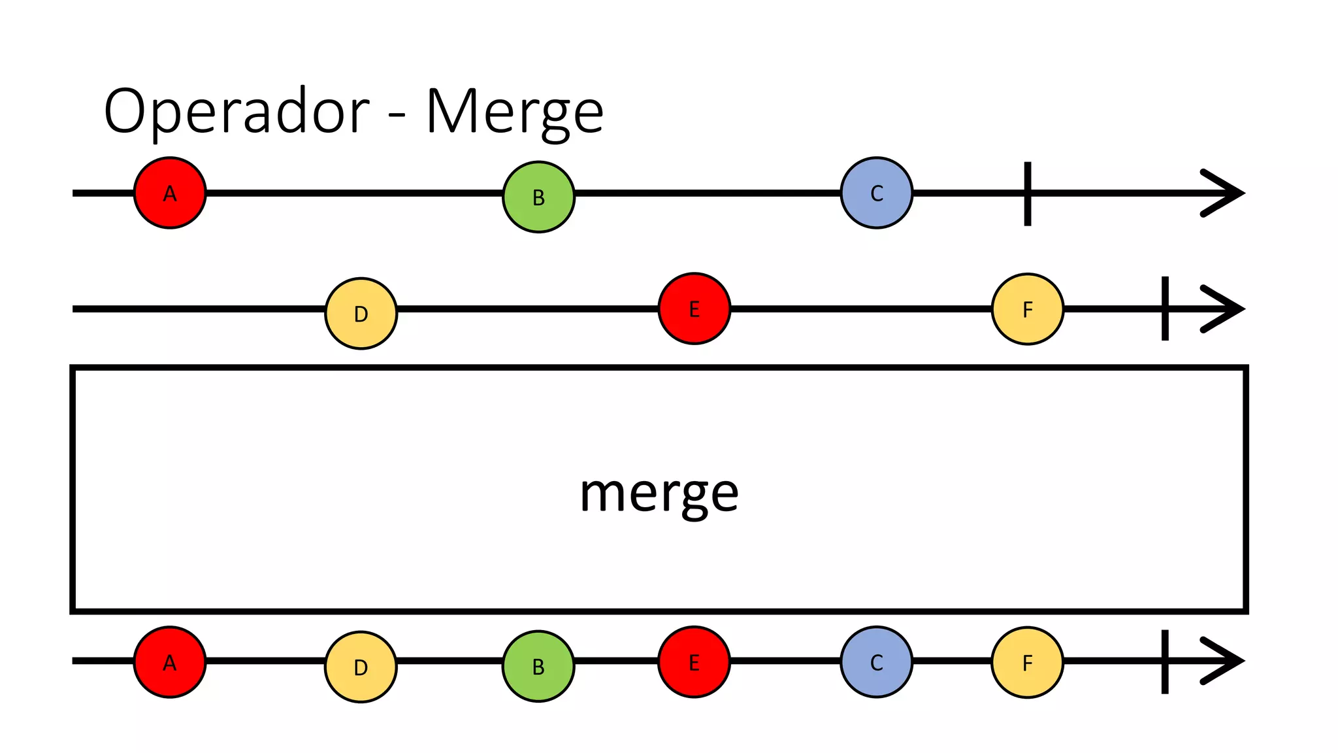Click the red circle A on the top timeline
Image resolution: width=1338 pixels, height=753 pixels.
pyautogui.click(x=170, y=193)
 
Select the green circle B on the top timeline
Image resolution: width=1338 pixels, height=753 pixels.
pyautogui.click(x=538, y=197)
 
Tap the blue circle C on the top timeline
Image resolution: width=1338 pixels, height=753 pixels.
pyautogui.click(x=876, y=193)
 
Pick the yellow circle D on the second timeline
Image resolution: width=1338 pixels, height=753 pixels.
pyautogui.click(x=361, y=313)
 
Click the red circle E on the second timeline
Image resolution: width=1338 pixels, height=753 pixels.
pyautogui.click(x=694, y=309)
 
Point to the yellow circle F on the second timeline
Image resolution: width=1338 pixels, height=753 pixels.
pyautogui.click(x=1027, y=309)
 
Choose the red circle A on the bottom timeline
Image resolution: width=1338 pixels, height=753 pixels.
pyautogui.click(x=170, y=662)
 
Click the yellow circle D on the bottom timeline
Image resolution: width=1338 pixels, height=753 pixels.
pyautogui.click(x=361, y=667)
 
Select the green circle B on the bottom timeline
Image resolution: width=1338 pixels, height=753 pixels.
pyautogui.click(x=538, y=666)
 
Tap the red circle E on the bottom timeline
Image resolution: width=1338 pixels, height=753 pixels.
pyautogui.click(x=694, y=662)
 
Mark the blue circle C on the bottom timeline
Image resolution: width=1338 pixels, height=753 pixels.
pyautogui.click(x=876, y=662)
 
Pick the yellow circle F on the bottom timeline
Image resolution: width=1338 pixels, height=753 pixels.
pyautogui.click(x=1027, y=663)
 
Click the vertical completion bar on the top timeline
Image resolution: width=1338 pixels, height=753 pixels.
pyautogui.click(x=1028, y=193)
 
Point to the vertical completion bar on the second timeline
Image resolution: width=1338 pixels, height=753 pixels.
pyautogui.click(x=1165, y=309)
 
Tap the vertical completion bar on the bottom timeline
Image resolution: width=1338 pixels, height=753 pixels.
pyautogui.click(x=1165, y=661)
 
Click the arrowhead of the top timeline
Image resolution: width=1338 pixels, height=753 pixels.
pyautogui.click(x=1225, y=193)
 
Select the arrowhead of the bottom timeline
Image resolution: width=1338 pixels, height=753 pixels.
pyautogui.click(x=1225, y=661)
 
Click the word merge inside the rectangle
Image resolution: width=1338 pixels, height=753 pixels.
pyautogui.click(x=659, y=494)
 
